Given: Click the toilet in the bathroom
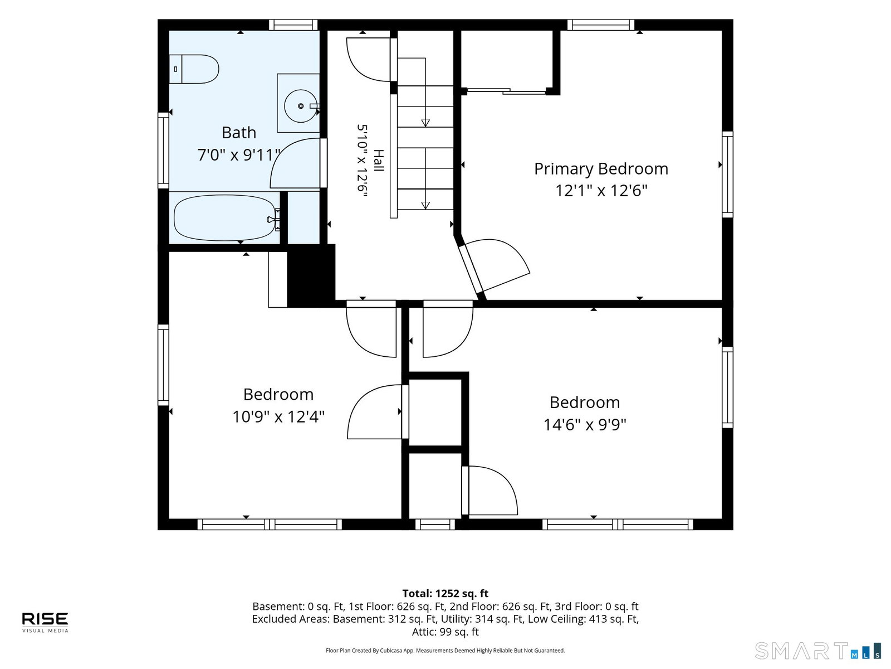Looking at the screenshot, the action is coord(194,69).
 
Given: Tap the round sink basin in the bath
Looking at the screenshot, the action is coord(300,106).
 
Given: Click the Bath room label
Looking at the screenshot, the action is coord(239,133).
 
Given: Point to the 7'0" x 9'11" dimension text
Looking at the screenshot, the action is coord(239,155).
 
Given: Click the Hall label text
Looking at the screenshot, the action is coord(378,161).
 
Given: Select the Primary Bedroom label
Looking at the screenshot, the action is coord(601,169).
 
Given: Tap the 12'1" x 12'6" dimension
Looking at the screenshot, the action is coord(601,191).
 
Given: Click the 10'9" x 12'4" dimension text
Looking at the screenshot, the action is coord(278,416).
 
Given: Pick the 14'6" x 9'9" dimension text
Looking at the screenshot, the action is coord(585,424).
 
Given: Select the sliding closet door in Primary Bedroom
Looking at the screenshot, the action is coord(507,91).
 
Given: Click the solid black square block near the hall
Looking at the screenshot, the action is coord(311,275).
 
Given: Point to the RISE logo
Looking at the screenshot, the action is coord(45,622).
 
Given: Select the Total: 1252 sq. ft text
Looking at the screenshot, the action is coord(445,593).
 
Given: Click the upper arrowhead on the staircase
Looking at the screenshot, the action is coord(425,123).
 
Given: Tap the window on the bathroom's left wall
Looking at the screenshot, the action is coord(163,151).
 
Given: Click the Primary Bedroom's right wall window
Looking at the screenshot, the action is coord(727,174).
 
